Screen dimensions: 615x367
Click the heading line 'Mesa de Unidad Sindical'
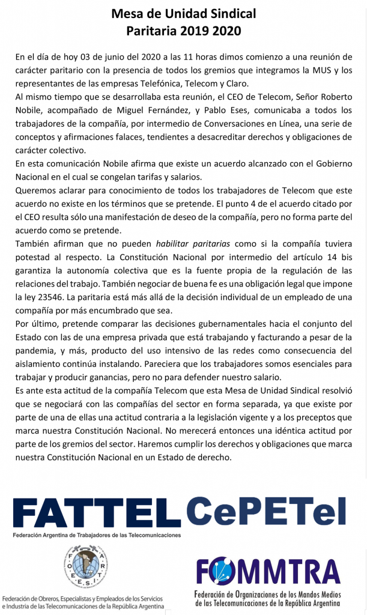tap(183, 14)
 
